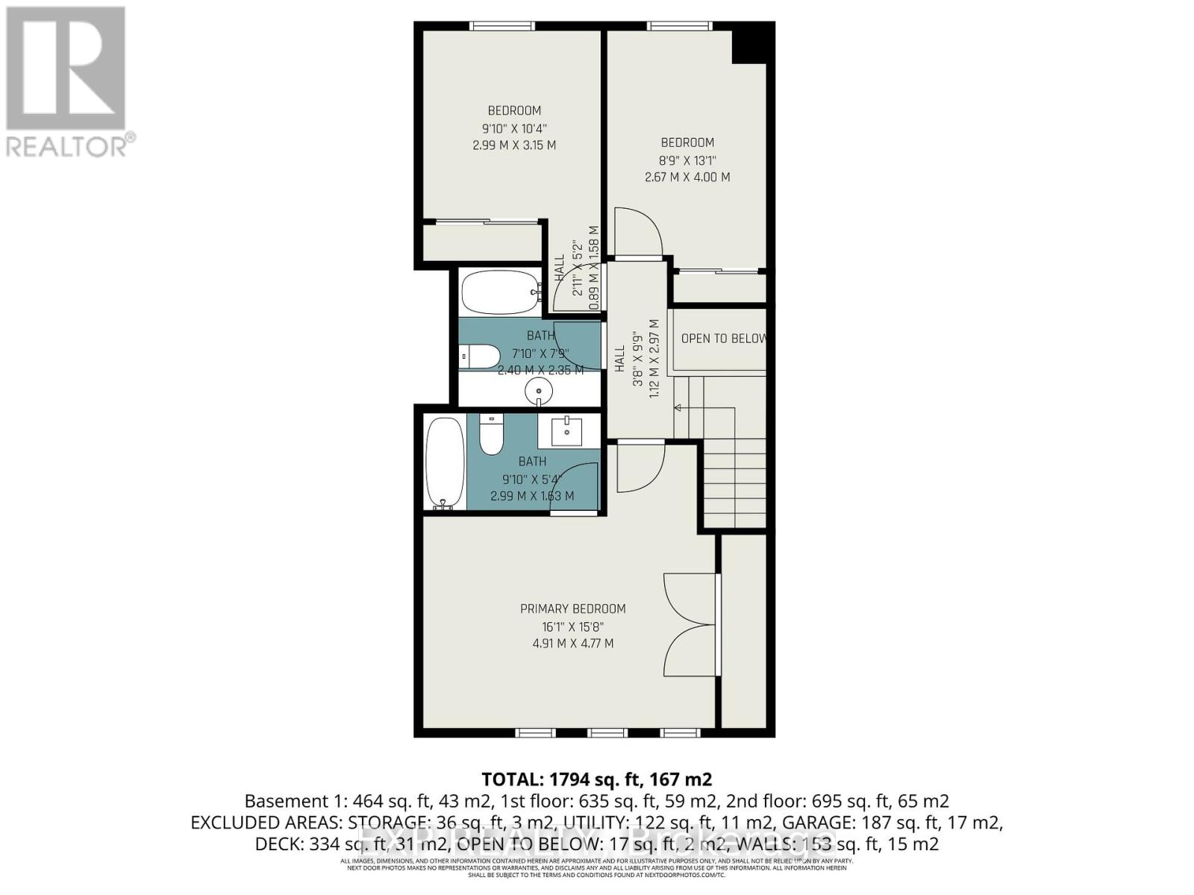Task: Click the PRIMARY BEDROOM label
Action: tap(572, 609)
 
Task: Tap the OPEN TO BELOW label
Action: tap(722, 339)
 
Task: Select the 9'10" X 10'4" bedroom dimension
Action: tap(513, 128)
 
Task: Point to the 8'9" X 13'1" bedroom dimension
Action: tap(687, 160)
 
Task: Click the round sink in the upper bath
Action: tap(538, 390)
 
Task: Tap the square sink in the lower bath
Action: tap(566, 430)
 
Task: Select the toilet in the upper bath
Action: tap(480, 357)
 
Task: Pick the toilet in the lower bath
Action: tap(491, 434)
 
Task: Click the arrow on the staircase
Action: tap(678, 408)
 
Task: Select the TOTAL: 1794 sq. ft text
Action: tap(596, 779)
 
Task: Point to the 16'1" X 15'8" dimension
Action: tap(572, 626)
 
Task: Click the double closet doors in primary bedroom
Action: tap(690, 624)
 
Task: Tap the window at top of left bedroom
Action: tap(502, 26)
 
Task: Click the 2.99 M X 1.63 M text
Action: tap(532, 496)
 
